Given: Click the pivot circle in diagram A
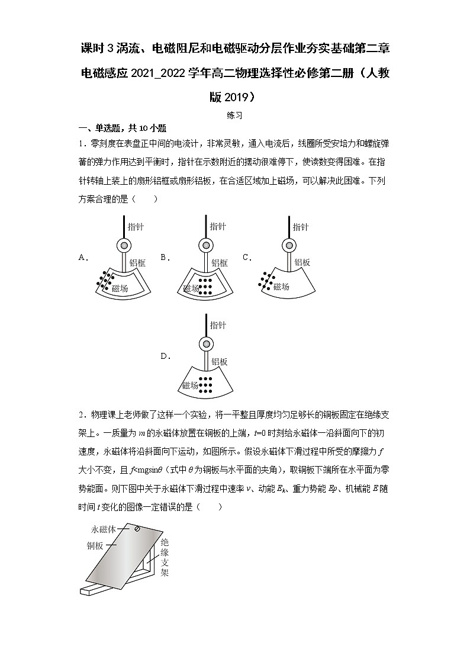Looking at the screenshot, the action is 124,246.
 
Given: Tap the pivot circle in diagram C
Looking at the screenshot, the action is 288,246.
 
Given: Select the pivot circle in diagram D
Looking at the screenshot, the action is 206,344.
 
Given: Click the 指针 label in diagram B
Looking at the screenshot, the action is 218,227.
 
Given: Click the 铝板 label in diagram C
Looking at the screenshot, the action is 302,263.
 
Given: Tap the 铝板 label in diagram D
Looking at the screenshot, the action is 220,362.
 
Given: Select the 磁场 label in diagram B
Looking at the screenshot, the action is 191,288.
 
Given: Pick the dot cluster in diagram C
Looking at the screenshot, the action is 266,279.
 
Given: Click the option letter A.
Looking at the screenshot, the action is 83,258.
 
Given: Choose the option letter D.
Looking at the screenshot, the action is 165,356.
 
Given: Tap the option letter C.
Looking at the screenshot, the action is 247,258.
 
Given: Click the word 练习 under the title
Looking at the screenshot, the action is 234,117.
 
